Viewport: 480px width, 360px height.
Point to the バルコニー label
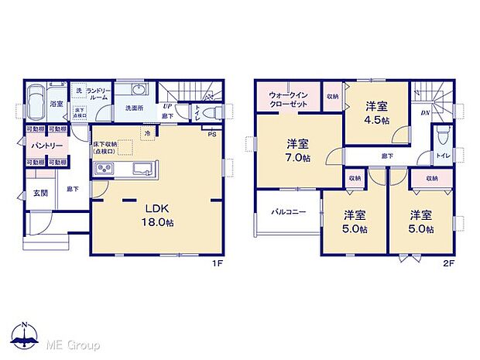287,212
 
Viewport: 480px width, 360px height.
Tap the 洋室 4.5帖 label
376,114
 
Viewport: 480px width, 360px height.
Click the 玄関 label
40,194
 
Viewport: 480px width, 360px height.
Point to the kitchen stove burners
105,170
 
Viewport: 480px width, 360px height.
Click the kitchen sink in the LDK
144,170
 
